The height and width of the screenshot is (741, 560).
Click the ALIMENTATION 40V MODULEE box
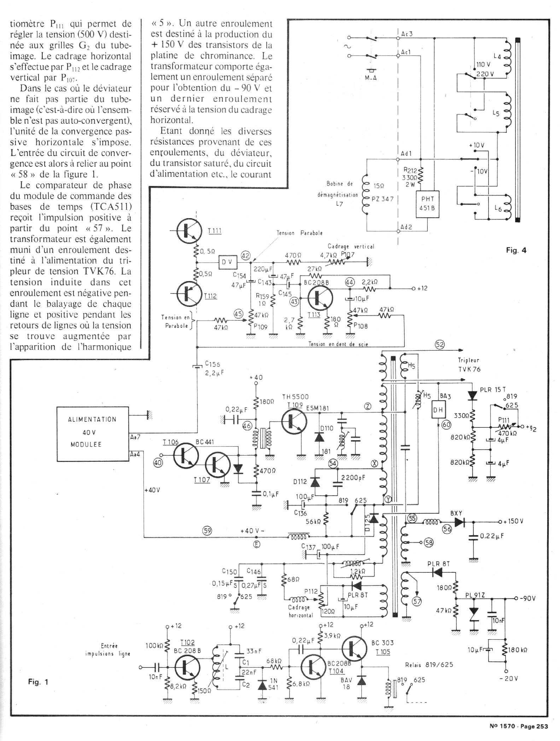[x=92, y=434]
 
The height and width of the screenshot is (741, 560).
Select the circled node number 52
[x=440, y=345]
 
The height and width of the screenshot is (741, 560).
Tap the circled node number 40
[x=158, y=463]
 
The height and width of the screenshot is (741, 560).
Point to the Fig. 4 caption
[x=516, y=250]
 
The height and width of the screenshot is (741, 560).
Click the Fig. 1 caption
[x=38, y=682]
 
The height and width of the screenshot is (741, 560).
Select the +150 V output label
[x=513, y=521]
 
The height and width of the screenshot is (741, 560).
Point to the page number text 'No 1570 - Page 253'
[x=519, y=727]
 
